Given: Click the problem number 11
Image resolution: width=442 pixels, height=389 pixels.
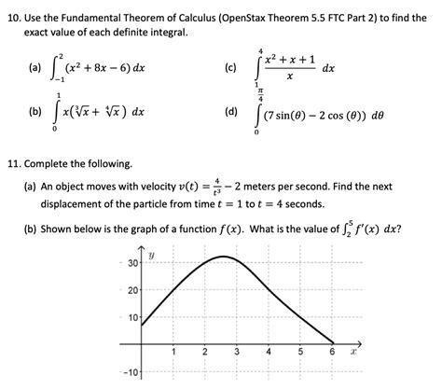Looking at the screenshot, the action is (14, 163).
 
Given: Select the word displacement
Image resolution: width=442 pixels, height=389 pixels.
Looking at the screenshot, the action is (76, 204).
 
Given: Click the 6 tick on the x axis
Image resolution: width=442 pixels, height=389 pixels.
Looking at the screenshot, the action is (331, 353).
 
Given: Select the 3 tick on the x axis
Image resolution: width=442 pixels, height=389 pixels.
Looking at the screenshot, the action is (236, 353).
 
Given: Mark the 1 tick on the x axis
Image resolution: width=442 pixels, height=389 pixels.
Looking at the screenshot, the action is (173, 353).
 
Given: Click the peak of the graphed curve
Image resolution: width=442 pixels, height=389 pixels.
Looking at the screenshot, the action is (221, 257).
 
